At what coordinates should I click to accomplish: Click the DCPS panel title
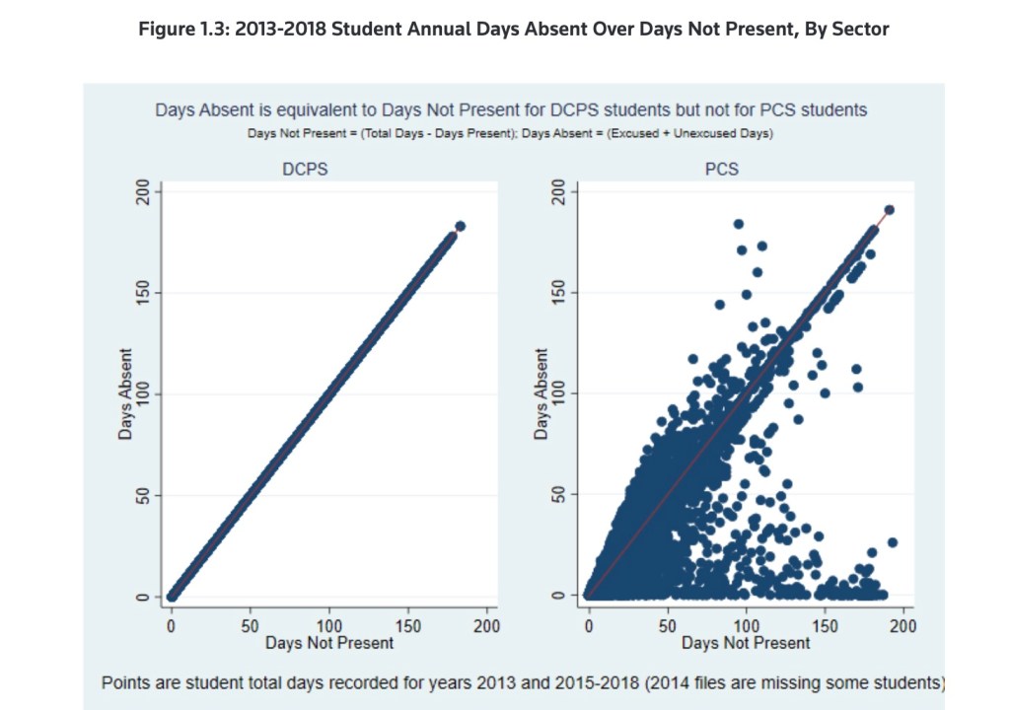pos(305,169)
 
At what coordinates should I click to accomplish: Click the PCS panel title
pos(722,169)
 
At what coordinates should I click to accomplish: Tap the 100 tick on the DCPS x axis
pos(329,626)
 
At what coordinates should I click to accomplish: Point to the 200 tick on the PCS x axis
pos(903,626)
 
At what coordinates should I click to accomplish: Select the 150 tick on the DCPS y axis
pos(142,293)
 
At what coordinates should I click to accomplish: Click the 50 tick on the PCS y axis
pos(559,494)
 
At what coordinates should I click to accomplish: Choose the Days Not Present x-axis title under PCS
pos(746,643)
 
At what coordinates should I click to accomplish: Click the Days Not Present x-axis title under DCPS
pos(329,643)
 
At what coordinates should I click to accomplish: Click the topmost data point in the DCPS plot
pos(460,227)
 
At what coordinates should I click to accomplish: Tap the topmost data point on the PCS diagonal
pos(889,210)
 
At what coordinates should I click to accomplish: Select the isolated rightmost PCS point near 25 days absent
pos(893,542)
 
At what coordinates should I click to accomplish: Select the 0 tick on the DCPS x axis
pos(172,626)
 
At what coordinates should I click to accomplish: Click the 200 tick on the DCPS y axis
pos(142,193)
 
